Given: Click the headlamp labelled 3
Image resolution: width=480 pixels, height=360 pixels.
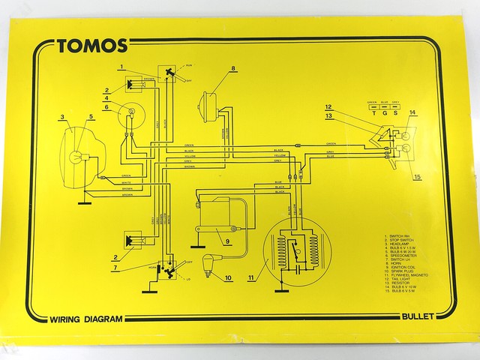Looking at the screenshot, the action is click(75, 157).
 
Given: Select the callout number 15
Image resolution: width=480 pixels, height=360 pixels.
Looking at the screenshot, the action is click(418, 177).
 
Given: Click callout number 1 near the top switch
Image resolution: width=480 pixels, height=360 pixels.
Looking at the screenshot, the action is click(121, 68).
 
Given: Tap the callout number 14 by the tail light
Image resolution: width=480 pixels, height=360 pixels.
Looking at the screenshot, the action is click(412, 113).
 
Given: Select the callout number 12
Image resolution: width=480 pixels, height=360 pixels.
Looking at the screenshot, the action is click(328, 107).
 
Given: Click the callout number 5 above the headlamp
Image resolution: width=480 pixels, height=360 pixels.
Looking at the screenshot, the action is click(91, 116).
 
